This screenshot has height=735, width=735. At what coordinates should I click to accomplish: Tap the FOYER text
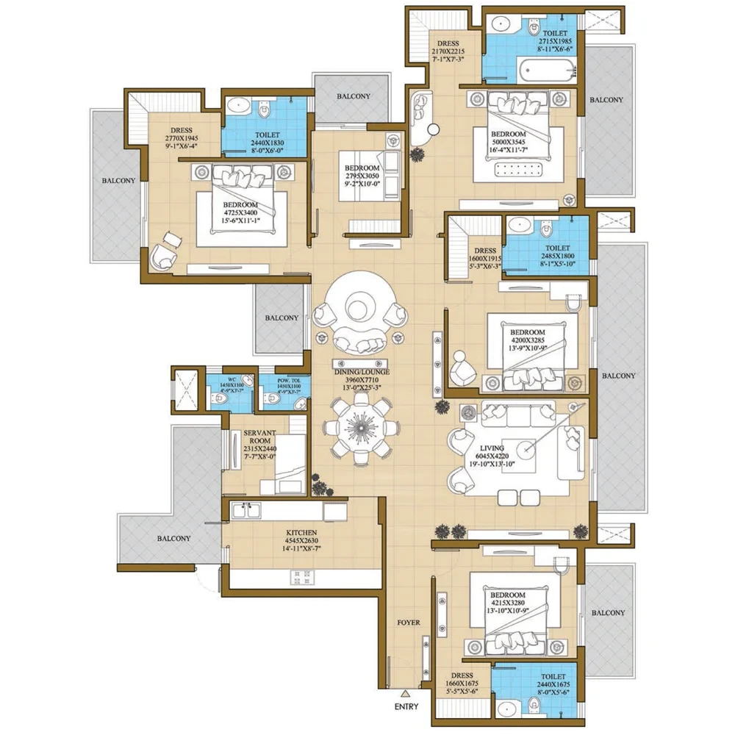[409, 623]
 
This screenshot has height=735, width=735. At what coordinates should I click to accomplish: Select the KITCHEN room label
[302, 531]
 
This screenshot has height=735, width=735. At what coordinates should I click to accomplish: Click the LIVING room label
[492, 448]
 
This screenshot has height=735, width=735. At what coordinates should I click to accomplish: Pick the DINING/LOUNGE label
[361, 372]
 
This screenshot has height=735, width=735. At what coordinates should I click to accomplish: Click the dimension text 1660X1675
[461, 684]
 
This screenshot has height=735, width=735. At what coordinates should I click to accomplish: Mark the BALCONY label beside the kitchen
[173, 538]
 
